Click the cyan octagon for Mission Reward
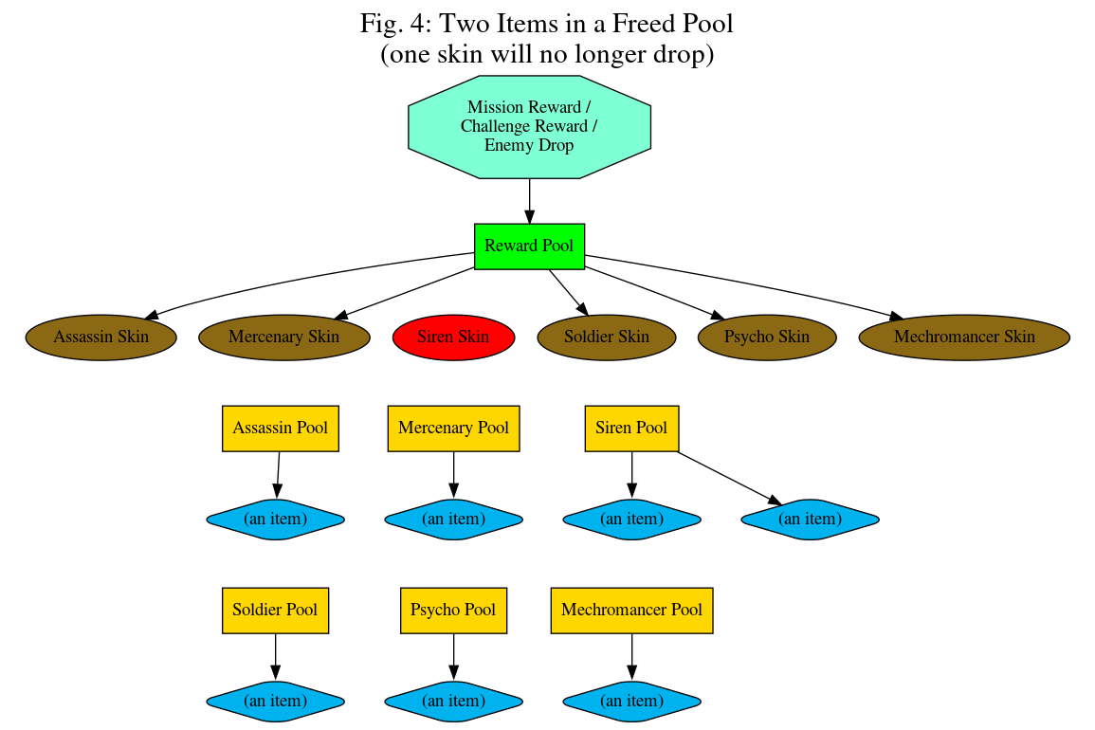(x=529, y=127)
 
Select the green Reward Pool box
(x=529, y=246)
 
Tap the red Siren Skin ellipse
(x=453, y=337)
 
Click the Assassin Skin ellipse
(x=100, y=337)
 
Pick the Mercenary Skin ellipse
(x=283, y=337)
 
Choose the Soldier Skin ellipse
(x=607, y=337)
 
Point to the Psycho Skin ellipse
(x=767, y=337)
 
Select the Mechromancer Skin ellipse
(x=964, y=337)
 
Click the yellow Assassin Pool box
(x=280, y=428)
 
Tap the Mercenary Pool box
(x=453, y=428)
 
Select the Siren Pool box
(x=631, y=428)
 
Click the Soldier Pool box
(x=275, y=610)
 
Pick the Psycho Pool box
(x=453, y=610)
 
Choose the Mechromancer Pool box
(x=631, y=610)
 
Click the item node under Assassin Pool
(x=275, y=519)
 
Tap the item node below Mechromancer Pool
(x=631, y=701)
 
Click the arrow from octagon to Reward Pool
(x=529, y=200)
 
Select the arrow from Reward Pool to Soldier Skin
(x=568, y=291)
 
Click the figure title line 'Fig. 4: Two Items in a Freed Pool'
(x=547, y=23)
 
